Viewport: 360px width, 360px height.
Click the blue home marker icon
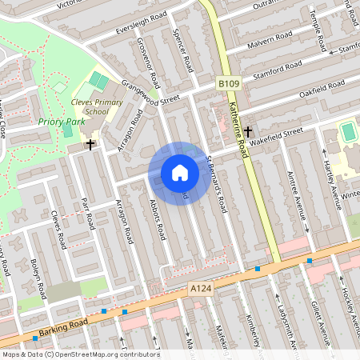[180, 173]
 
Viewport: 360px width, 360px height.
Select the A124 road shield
[199, 287]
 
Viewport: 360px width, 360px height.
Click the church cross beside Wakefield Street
[248, 130]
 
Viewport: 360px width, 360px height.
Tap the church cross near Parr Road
[90, 145]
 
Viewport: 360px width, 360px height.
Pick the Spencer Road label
[183, 50]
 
